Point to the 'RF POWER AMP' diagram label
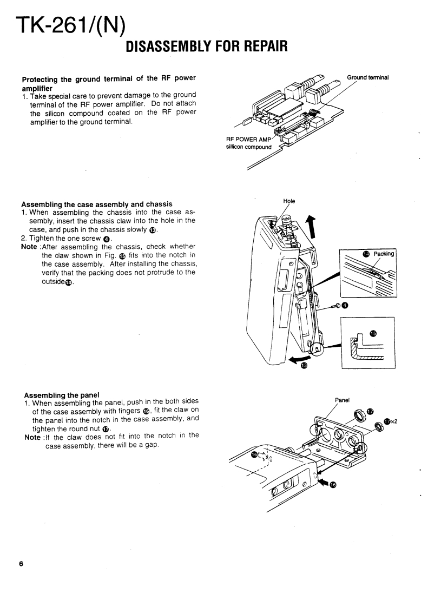pos(247,138)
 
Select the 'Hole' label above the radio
pos(289,201)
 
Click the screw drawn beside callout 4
pos(335,306)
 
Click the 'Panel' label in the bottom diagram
pos(343,400)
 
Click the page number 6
pos(21,564)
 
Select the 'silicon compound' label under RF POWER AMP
pos(249,147)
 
